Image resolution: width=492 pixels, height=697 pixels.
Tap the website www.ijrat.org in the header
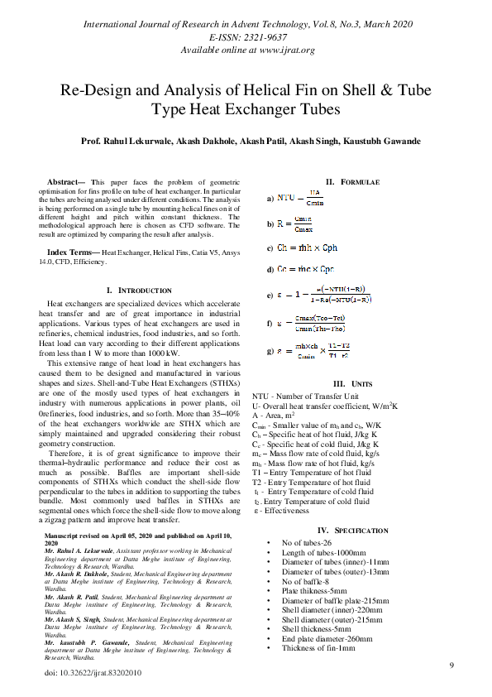[x=282, y=50]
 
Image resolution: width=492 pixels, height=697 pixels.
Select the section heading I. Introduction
[x=140, y=291]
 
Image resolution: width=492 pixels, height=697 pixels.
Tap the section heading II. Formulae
[x=351, y=181]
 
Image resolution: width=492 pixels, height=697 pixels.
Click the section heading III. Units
[x=351, y=384]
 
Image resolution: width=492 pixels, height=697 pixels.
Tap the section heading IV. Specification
[x=352, y=531]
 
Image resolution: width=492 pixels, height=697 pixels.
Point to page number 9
[x=451, y=666]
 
